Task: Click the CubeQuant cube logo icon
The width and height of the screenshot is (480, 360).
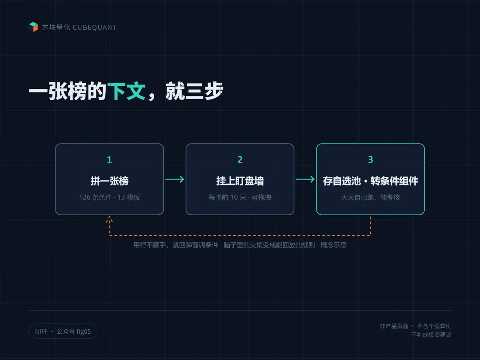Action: (33, 27)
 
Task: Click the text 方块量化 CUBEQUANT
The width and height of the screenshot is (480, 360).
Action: (79, 28)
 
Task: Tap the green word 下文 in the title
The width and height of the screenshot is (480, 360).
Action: (126, 91)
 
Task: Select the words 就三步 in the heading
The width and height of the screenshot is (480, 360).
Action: (194, 91)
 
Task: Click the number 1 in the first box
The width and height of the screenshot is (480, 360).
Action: (109, 160)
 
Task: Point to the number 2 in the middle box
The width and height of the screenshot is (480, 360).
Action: (240, 160)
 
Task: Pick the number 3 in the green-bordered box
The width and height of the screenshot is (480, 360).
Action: (370, 160)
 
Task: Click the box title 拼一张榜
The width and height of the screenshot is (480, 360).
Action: (109, 181)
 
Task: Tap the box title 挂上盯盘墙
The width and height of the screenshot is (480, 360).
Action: (240, 181)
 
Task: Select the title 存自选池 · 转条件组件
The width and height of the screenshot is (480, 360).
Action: (370, 181)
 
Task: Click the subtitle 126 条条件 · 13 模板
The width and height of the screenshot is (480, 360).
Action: (109, 197)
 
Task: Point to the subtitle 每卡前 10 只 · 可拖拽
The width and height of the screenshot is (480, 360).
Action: (240, 197)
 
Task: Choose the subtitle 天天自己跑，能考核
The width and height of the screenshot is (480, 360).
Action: (370, 197)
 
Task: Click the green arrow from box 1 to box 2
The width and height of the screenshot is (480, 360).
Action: (175, 179)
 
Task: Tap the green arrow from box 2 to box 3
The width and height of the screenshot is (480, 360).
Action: (305, 179)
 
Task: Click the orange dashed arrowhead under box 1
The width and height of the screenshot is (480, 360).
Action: (109, 219)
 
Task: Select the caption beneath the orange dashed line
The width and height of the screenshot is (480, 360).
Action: (240, 245)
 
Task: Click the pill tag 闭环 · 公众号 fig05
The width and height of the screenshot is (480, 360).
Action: (63, 331)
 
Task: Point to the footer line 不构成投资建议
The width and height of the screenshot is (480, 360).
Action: (431, 335)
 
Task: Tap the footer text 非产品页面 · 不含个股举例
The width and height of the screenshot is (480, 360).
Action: (416, 326)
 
